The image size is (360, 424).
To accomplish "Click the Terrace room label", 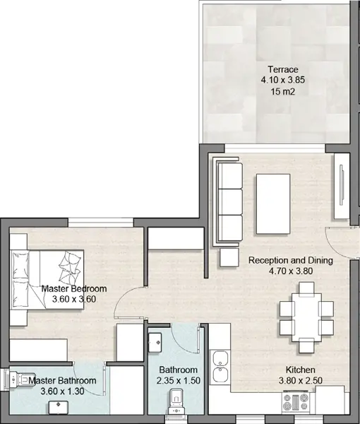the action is point(283,69).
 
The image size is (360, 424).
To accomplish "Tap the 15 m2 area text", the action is point(283,92).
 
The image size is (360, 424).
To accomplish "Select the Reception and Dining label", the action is point(291,260).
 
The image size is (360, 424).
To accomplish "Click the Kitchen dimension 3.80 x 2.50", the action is point(300,380).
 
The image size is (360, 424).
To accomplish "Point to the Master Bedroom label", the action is point(74,288).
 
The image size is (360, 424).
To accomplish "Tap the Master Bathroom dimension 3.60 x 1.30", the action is point(62,391).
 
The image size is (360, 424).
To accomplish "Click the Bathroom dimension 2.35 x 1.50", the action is point(179,380).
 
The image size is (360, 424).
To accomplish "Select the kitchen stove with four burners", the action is point(296,402).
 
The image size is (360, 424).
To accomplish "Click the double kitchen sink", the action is point(220,366).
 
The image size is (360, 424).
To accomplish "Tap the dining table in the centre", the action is point(306,317).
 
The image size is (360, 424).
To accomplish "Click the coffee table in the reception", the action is point(273,204).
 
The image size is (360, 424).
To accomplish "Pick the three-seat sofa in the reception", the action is point(228,201).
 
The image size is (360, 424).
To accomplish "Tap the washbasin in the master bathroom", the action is point(59,408).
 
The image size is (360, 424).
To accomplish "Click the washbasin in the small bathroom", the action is point(155,342).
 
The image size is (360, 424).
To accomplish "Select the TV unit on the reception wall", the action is point(342,187).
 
